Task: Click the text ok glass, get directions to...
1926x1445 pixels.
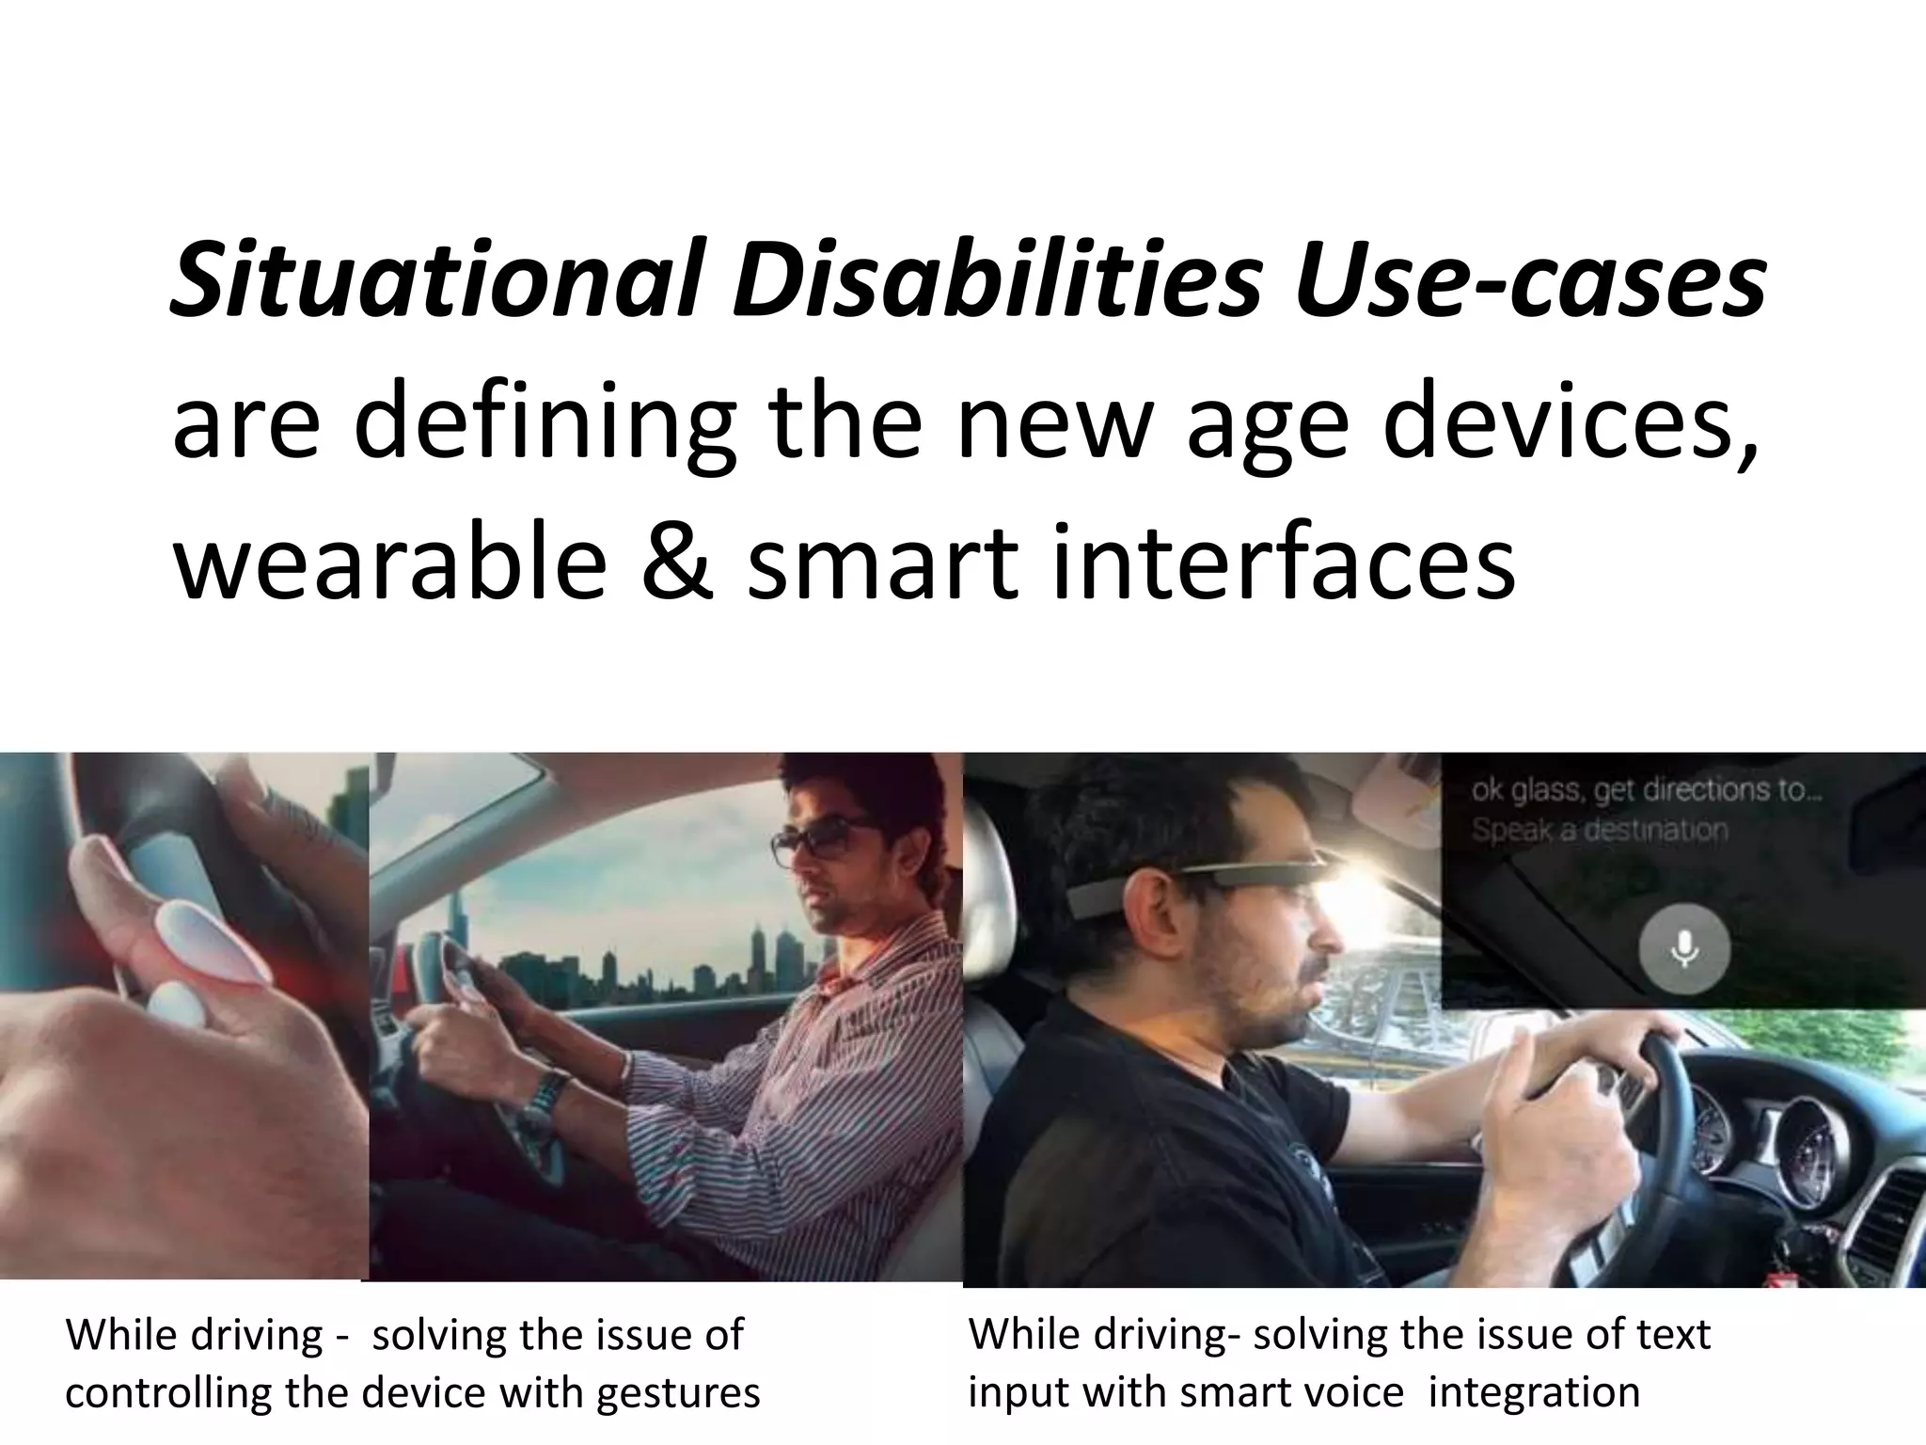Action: pyautogui.click(x=1646, y=791)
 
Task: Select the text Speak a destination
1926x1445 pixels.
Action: pyautogui.click(x=1599, y=831)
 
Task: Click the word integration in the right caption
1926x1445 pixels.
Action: pyautogui.click(x=1533, y=1391)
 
